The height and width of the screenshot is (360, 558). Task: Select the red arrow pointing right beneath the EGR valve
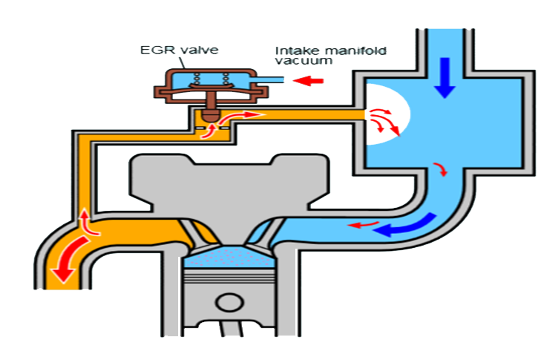click(249, 116)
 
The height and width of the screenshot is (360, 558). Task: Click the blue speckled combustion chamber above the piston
click(223, 259)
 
